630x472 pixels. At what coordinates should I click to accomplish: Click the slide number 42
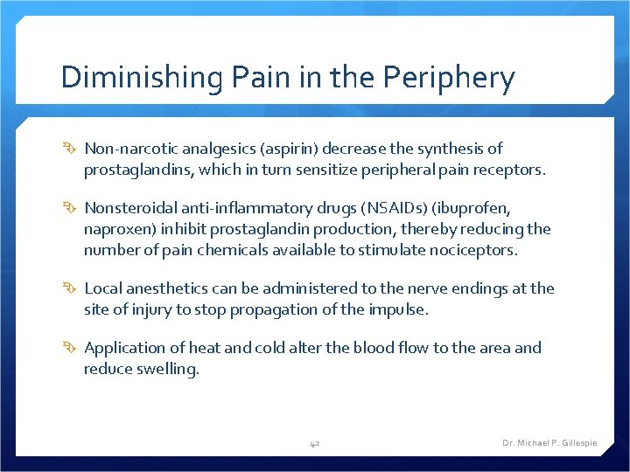click(x=315, y=443)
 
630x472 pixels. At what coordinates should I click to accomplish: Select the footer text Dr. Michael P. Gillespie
click(x=549, y=443)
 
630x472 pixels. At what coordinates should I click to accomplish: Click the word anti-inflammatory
click(x=230, y=209)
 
